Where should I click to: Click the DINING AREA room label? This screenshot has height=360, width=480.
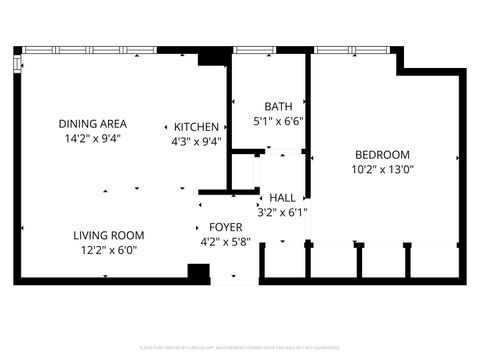93,124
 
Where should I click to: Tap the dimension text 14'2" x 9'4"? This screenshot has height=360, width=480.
93,139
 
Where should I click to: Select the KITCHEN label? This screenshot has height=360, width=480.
196,127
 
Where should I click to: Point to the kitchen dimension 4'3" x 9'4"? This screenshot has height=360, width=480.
196,142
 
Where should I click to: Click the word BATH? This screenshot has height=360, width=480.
277,107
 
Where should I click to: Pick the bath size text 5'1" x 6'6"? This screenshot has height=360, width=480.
277,121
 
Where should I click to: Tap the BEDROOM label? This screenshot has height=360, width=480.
383,154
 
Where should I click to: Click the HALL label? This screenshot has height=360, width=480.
282,198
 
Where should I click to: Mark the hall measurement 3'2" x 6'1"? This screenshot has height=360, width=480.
282,212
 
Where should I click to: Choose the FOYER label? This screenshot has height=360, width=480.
225,228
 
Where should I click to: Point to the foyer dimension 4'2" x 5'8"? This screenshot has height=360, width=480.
225,242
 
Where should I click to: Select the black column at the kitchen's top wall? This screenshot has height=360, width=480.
213,58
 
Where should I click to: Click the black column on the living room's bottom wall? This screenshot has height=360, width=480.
198,273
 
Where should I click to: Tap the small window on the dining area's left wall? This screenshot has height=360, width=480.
17,64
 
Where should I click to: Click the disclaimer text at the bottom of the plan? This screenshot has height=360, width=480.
240,349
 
